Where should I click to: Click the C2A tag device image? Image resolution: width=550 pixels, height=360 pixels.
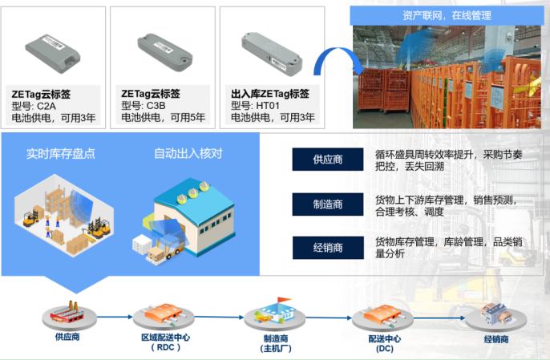tap(53, 54)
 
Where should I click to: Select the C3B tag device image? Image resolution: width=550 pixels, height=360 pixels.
tap(164, 52)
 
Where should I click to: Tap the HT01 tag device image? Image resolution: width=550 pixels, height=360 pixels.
tap(272, 54)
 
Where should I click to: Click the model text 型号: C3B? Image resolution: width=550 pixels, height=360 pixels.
tap(143, 106)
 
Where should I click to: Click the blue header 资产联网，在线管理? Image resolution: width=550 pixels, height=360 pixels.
tap(447, 15)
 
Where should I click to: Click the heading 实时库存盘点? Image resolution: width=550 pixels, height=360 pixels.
tap(61, 154)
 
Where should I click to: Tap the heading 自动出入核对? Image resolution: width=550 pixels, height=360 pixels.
tap(188, 153)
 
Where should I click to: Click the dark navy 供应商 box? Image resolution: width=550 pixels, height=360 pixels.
tap(328, 160)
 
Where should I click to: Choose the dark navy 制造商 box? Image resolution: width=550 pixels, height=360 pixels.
tap(328, 204)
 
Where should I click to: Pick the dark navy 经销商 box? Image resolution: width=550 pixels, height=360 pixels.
tap(328, 248)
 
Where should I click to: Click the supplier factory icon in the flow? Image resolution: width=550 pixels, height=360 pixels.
tap(67, 311)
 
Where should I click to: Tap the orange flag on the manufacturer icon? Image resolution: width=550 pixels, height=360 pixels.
tap(284, 301)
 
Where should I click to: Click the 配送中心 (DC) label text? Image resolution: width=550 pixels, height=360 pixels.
tap(385, 343)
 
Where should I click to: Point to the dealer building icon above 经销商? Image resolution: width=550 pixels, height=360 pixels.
tap(495, 314)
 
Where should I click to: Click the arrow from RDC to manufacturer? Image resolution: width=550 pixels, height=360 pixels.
tap(219, 317)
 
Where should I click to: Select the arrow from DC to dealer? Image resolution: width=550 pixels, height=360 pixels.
tap(439, 318)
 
